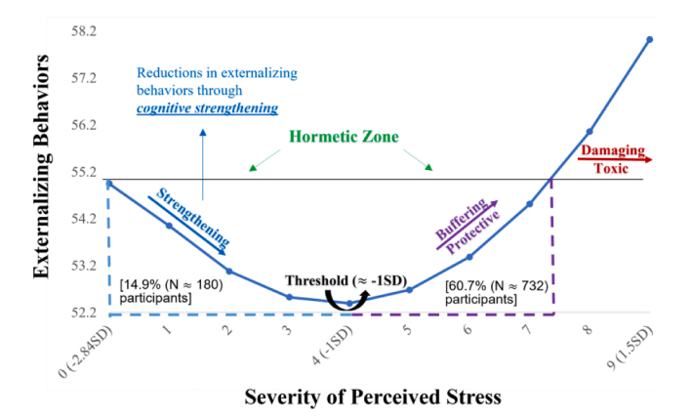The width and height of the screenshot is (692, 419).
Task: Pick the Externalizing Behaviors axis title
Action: click(42, 166)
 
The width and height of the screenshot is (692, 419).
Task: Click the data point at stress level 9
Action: click(649, 39)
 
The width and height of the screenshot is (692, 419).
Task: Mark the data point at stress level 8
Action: click(590, 131)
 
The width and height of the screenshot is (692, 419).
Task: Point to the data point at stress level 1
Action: click(169, 226)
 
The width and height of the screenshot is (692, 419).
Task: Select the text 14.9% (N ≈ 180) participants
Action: click(172, 291)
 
